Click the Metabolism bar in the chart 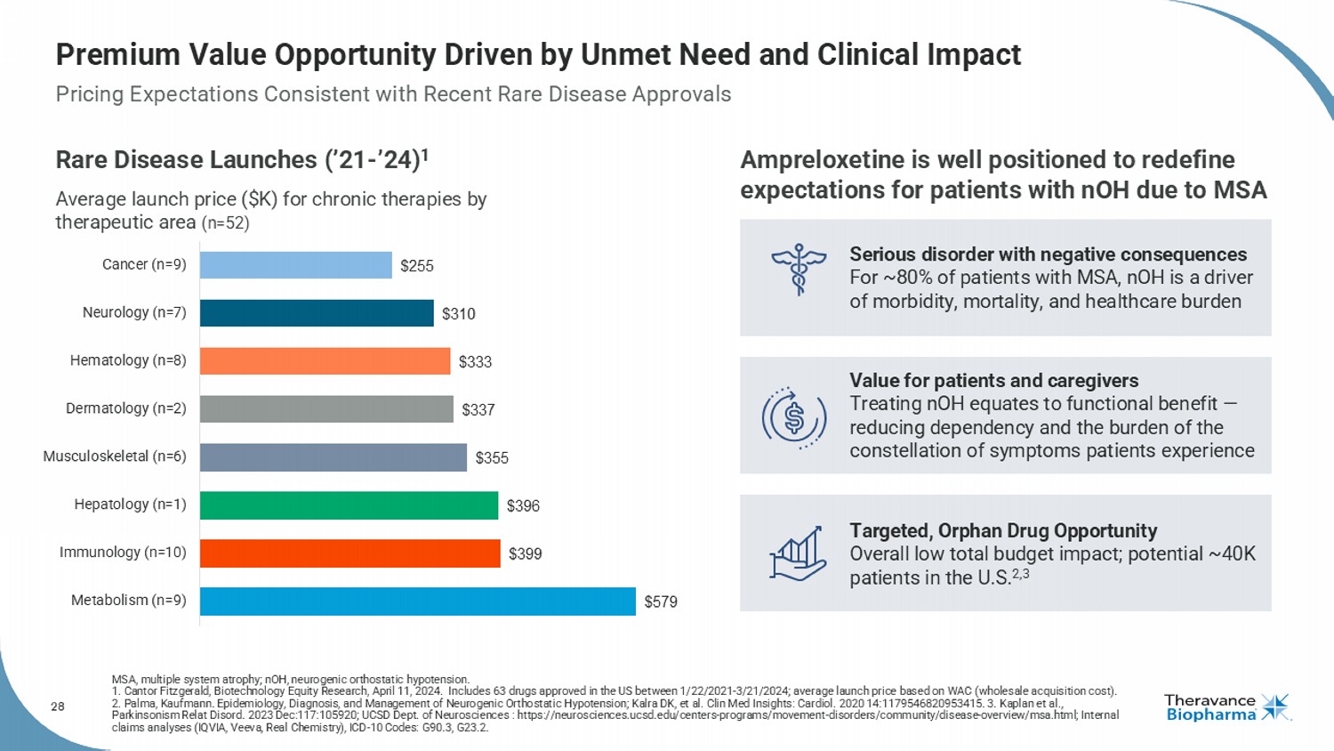click(417, 601)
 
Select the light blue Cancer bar click(295, 265)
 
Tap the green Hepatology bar click(349, 505)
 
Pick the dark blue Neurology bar click(317, 313)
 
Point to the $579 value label click(661, 602)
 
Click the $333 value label click(475, 362)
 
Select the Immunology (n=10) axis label click(123, 553)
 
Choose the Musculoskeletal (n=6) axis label click(115, 456)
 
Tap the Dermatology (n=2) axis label click(126, 408)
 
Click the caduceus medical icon click(798, 270)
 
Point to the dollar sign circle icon click(794, 417)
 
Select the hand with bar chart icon click(797, 553)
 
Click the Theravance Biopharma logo click(1226, 708)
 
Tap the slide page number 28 click(58, 707)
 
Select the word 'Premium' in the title click(117, 55)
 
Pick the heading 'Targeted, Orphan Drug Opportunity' click(1003, 531)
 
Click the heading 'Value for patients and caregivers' click(993, 381)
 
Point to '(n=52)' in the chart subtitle click(226, 223)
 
